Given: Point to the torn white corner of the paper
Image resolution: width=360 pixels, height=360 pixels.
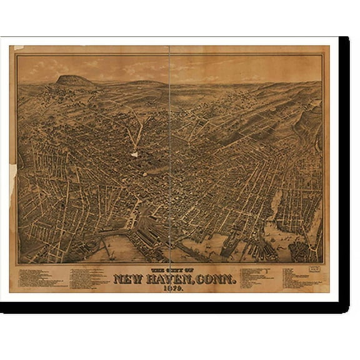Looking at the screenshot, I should coord(18,48).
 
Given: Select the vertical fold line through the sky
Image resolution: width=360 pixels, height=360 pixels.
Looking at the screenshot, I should coord(171,69).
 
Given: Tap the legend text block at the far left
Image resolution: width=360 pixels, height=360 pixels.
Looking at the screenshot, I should coord(41,276).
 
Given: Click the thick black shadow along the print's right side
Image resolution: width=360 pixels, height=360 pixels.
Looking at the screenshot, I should coord(344,169).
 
